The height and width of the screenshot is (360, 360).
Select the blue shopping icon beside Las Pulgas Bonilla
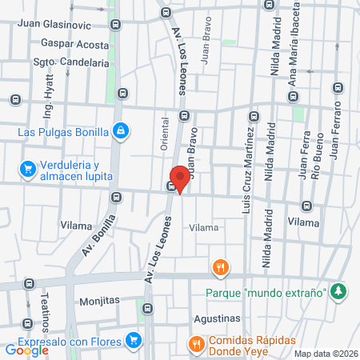tap(121, 130)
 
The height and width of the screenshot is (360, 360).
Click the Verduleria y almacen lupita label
tap(66, 170)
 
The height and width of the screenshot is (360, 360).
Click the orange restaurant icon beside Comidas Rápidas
tap(194, 344)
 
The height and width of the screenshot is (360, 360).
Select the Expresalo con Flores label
tap(70, 342)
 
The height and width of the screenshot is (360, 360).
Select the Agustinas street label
tap(217, 317)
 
